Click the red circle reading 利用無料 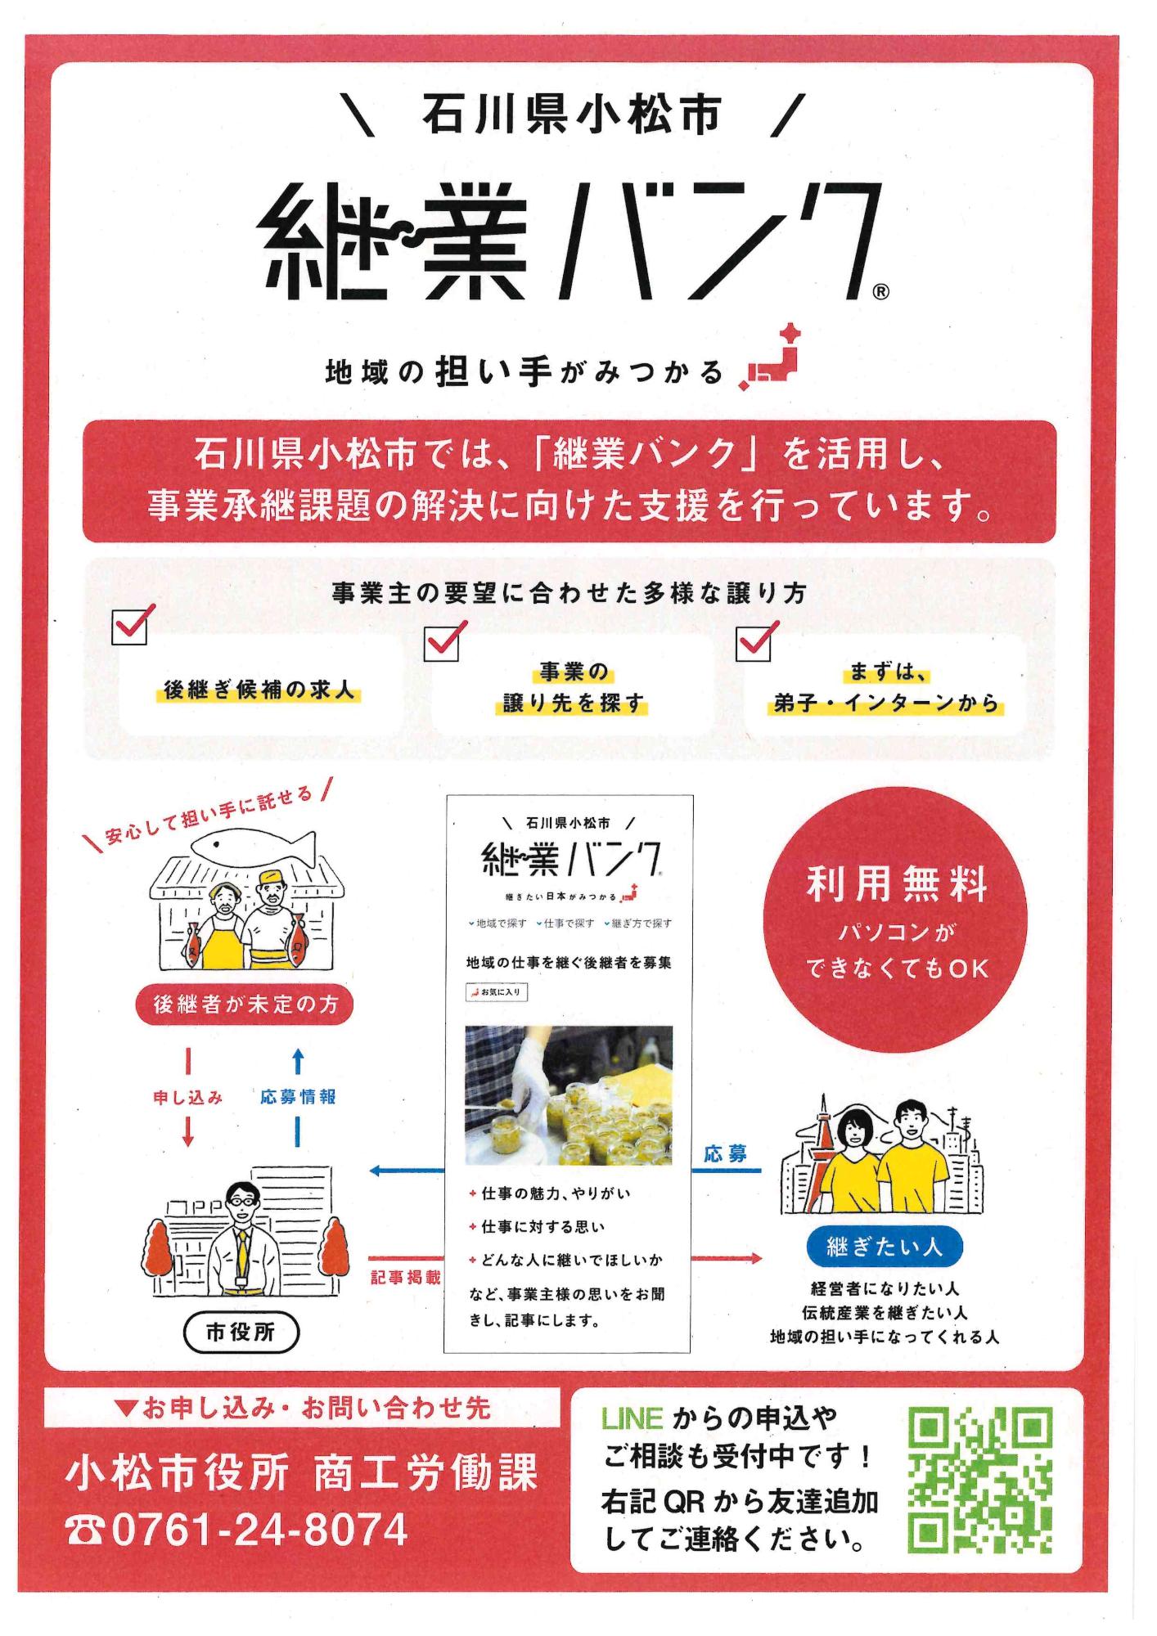click(894, 919)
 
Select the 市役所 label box click(241, 1333)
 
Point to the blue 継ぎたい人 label click(884, 1247)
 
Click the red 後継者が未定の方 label click(244, 1005)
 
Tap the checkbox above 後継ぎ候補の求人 click(130, 627)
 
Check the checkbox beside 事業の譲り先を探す click(443, 643)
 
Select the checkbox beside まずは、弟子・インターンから click(754, 643)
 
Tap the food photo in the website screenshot click(569, 1095)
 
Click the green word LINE click(632, 1418)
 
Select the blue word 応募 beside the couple click(726, 1154)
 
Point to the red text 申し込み click(188, 1098)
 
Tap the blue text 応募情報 click(298, 1098)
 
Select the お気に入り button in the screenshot click(497, 992)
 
